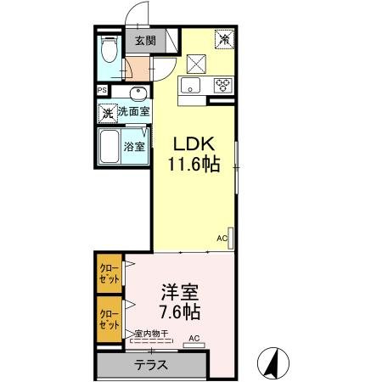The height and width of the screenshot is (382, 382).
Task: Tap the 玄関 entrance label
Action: (x=144, y=40)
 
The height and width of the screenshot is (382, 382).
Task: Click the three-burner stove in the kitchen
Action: (x=224, y=85)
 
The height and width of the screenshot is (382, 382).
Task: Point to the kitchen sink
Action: (x=188, y=85)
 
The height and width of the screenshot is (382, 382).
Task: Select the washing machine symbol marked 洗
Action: (x=108, y=112)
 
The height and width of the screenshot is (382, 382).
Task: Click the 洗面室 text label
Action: (x=133, y=112)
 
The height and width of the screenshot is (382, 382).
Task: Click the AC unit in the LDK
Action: (x=230, y=239)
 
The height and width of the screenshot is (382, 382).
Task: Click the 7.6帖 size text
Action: (x=181, y=312)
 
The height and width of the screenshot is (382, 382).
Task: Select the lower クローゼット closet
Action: (x=108, y=317)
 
